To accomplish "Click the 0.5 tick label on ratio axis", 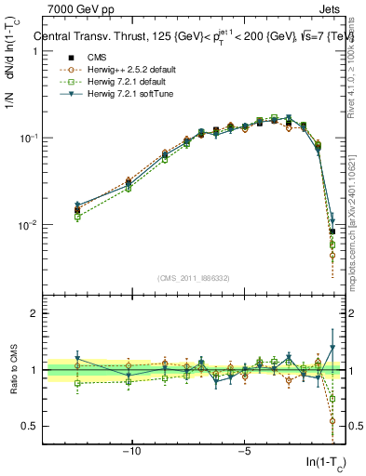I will (x=28, y=426).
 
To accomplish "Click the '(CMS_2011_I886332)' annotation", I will (x=193, y=277).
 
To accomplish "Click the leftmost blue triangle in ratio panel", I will (x=78, y=359).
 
